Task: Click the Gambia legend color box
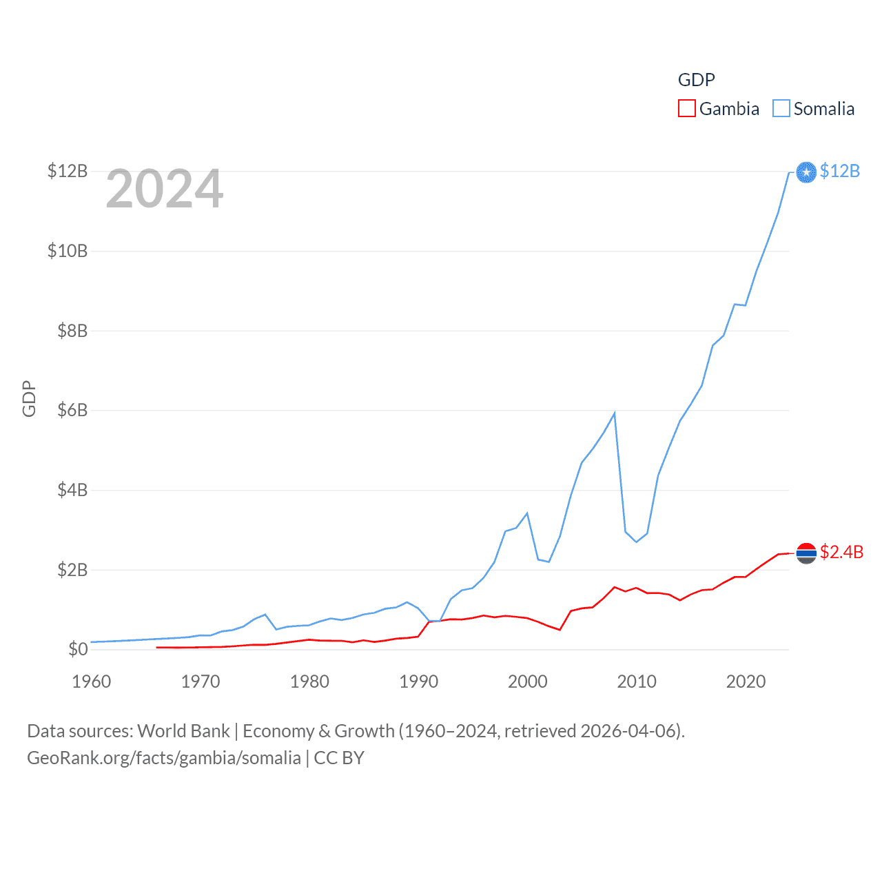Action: point(687,109)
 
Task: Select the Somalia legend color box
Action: point(781,109)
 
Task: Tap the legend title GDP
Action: point(696,80)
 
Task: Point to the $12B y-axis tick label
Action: point(68,171)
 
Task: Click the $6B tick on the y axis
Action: point(72,411)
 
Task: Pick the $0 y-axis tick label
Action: point(78,649)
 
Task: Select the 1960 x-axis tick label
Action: point(92,681)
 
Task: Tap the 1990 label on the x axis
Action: point(419,681)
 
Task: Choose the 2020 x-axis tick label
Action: point(746,681)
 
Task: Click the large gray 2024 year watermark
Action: point(165,189)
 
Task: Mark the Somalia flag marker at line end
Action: point(806,172)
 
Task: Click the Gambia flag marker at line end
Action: point(806,553)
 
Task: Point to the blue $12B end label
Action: point(840,171)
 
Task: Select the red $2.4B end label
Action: point(841,552)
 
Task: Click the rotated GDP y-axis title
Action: point(29,398)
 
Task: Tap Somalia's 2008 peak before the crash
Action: point(614,413)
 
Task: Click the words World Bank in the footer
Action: point(183,731)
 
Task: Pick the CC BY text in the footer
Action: point(339,758)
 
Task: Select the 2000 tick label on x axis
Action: point(528,681)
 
